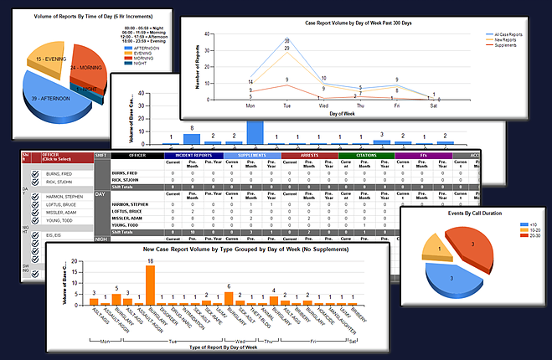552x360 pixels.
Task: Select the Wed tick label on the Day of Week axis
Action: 322,106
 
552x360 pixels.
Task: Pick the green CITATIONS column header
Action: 368,155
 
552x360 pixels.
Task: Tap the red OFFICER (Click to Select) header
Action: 66,157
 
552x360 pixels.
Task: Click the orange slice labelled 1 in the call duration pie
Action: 437,247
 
